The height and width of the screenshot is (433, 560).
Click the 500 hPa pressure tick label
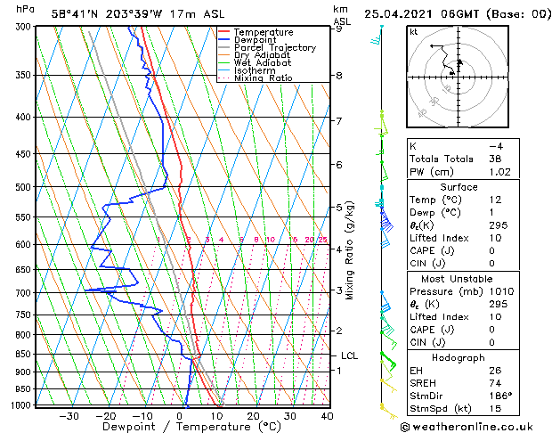pyautogui.click(x=24, y=187)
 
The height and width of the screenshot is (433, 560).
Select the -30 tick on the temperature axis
pyautogui.click(x=69, y=415)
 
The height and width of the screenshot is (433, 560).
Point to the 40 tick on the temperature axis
pyautogui.click(x=327, y=415)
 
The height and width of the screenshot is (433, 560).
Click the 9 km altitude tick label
pyautogui.click(x=339, y=29)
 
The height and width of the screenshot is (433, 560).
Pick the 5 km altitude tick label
pyautogui.click(x=339, y=208)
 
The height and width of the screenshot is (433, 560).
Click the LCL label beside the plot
pyautogui.click(x=349, y=355)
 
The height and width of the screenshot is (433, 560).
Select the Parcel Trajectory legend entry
pyautogui.click(x=274, y=48)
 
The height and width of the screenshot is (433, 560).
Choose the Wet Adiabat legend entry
pyautogui.click(x=263, y=63)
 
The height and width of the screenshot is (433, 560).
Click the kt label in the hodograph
pyautogui.click(x=414, y=31)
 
